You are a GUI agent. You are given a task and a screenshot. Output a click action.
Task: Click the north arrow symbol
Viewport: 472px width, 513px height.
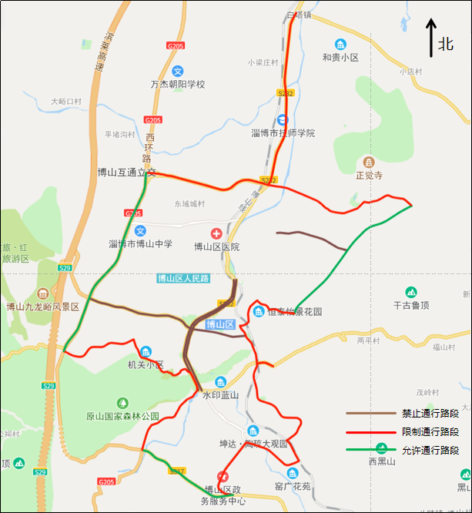pos(432,39)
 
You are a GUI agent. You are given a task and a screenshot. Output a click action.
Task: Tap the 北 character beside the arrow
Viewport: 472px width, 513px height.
pos(446,44)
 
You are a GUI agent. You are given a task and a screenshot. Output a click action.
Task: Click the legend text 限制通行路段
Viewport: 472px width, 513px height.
pos(430,432)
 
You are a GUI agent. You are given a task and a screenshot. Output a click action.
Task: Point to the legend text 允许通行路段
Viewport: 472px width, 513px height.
pos(430,451)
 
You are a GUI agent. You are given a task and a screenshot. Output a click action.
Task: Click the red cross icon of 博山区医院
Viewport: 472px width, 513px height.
pos(216,233)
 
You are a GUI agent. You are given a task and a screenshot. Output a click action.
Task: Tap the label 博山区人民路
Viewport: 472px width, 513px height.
pos(183,279)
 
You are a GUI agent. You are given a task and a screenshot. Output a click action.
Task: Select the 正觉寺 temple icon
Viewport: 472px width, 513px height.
pos(369,162)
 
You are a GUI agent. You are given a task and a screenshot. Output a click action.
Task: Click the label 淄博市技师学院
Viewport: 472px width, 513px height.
pos(283,133)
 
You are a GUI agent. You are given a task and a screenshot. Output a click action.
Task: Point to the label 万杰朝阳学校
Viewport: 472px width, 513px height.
pos(177,83)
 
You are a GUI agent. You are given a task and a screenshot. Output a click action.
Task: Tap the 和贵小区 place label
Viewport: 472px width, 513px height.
pos(340,57)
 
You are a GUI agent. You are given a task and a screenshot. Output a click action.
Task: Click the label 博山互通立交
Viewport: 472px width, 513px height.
pos(126,173)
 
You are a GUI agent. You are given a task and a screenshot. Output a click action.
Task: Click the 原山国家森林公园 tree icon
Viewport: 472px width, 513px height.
pos(122,403)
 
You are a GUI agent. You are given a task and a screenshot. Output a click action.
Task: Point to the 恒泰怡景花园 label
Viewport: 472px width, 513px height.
pos(294,312)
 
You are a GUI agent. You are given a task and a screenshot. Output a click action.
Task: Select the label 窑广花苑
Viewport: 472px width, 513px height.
pos(292,486)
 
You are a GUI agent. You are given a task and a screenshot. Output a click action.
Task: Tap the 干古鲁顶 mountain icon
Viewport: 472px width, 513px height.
pos(410,292)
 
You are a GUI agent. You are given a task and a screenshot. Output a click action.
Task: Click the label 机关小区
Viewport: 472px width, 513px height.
pos(146,364)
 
